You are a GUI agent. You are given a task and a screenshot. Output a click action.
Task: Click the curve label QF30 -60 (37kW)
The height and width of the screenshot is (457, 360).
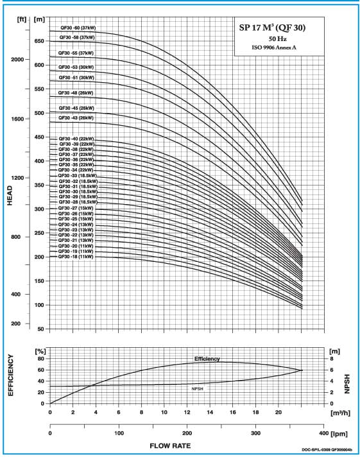tap(78, 28)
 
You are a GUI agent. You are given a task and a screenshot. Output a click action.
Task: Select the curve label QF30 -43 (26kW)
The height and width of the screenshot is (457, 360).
tap(76, 118)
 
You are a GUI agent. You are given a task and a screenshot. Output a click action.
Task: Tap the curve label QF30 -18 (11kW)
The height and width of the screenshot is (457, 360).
tap(76, 257)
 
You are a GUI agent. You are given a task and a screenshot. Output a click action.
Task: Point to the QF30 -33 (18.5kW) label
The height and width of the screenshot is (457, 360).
tap(78, 176)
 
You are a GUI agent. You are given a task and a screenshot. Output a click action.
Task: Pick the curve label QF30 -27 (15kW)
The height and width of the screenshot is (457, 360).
tap(76, 208)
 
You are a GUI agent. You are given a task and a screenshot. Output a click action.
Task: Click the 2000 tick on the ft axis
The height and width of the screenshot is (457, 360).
tap(17, 60)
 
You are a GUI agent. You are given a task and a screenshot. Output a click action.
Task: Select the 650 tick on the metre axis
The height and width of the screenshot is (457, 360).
tap(39, 41)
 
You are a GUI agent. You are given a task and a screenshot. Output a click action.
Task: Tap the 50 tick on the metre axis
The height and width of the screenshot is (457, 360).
tap(41, 329)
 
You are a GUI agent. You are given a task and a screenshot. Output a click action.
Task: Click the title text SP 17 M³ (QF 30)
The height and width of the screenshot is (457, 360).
tap(272, 28)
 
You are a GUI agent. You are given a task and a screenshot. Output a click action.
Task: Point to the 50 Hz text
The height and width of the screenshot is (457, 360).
tap(277, 39)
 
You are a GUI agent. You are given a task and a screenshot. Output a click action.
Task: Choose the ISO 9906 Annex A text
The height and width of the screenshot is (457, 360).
tap(274, 47)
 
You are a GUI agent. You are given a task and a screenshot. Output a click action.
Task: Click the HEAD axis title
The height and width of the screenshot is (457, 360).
tap(10, 196)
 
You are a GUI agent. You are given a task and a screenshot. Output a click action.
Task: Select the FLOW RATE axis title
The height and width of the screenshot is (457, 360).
tap(170, 446)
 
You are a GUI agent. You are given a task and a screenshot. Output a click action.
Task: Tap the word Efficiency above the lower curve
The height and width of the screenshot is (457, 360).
tap(207, 359)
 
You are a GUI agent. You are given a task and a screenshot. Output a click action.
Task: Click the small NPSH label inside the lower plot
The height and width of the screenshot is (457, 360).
tap(198, 389)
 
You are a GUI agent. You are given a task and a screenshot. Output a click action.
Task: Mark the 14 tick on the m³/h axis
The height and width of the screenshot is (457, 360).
tap(210, 413)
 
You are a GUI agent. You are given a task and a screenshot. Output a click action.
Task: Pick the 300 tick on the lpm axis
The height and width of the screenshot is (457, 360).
tap(255, 433)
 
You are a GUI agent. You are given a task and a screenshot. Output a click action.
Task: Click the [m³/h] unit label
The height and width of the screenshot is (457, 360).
tap(341, 413)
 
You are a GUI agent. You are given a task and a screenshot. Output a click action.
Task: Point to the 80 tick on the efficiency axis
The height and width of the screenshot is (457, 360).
tap(41, 359)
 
